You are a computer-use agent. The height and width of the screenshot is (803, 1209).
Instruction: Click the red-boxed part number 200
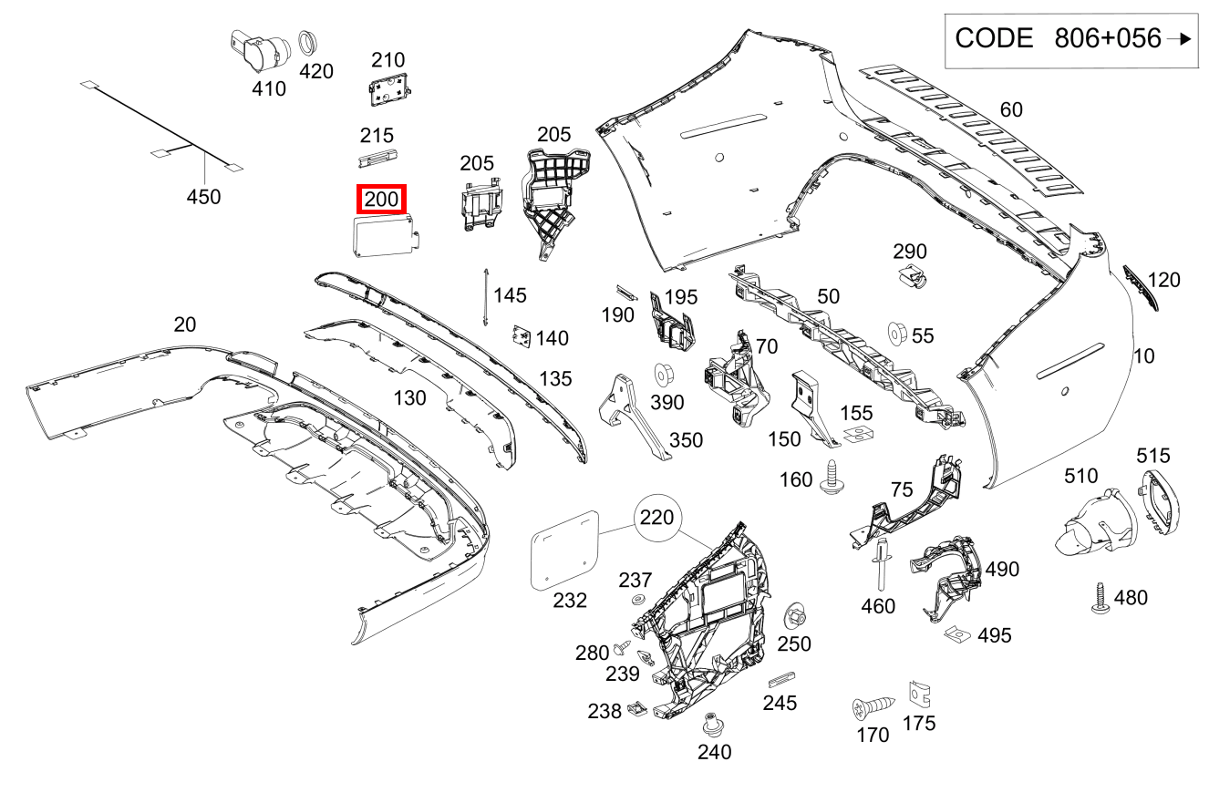(381, 199)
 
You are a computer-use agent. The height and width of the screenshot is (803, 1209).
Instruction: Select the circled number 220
(656, 518)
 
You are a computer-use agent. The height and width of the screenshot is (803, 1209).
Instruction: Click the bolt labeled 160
(832, 479)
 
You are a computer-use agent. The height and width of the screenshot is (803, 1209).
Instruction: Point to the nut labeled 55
(897, 335)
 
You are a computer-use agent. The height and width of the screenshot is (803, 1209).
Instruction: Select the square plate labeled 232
(564, 548)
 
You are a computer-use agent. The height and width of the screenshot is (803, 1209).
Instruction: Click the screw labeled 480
(1100, 597)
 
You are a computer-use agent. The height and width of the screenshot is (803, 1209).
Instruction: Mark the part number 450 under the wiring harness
(203, 196)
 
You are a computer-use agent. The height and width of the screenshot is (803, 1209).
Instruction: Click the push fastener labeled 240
(713, 726)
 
